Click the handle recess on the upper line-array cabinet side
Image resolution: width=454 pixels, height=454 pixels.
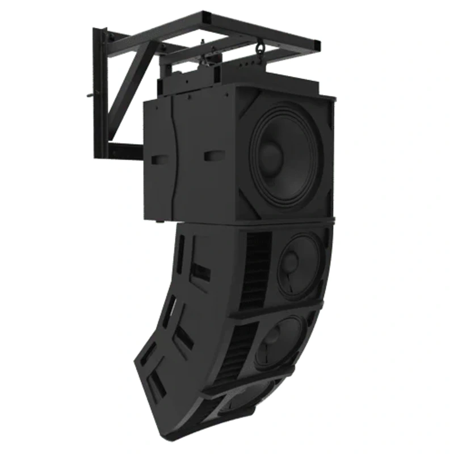(x=200, y=272)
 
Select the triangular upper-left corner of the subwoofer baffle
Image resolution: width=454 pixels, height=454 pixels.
(x=245, y=100)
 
